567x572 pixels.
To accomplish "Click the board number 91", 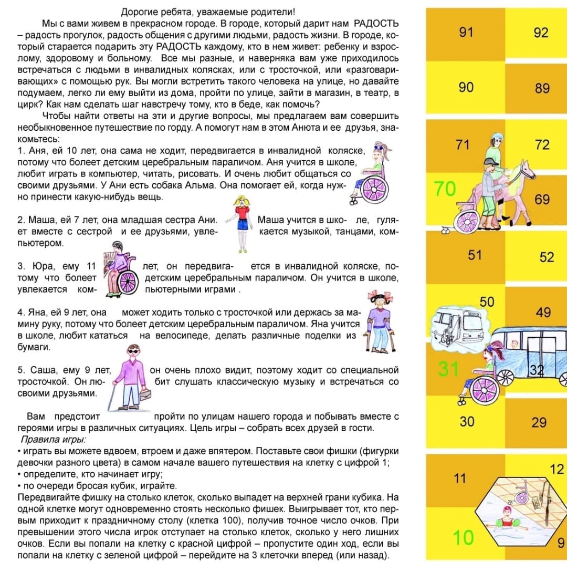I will click(466, 33).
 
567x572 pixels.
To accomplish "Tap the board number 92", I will click(541, 33).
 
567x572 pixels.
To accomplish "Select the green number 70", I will click(445, 189).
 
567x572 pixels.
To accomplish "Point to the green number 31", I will click(449, 369).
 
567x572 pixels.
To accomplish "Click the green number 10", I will click(463, 538).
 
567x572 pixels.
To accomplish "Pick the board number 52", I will click(547, 257).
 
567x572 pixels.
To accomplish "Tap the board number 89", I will click(542, 88).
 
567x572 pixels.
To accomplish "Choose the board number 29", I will click(539, 422).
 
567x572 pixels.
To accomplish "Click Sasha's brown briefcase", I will click(144, 393).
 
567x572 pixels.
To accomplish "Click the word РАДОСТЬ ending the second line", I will click(376, 24).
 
